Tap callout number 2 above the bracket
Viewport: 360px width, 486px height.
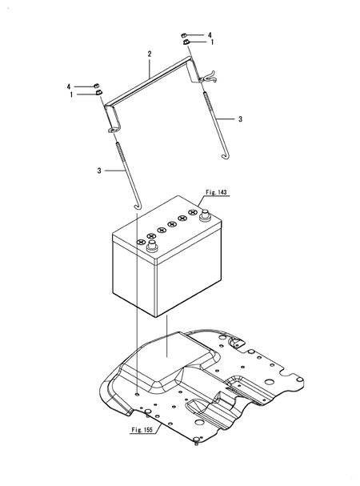(x=149, y=55)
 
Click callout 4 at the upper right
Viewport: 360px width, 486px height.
(x=210, y=35)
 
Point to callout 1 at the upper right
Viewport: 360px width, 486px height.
(x=210, y=42)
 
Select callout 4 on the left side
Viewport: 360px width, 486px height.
(x=70, y=86)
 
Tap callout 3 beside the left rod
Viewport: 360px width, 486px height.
(x=98, y=170)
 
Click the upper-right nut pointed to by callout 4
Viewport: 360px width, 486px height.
(x=183, y=36)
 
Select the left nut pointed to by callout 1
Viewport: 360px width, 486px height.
(x=100, y=94)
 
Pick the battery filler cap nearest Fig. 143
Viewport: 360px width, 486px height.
(x=192, y=214)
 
